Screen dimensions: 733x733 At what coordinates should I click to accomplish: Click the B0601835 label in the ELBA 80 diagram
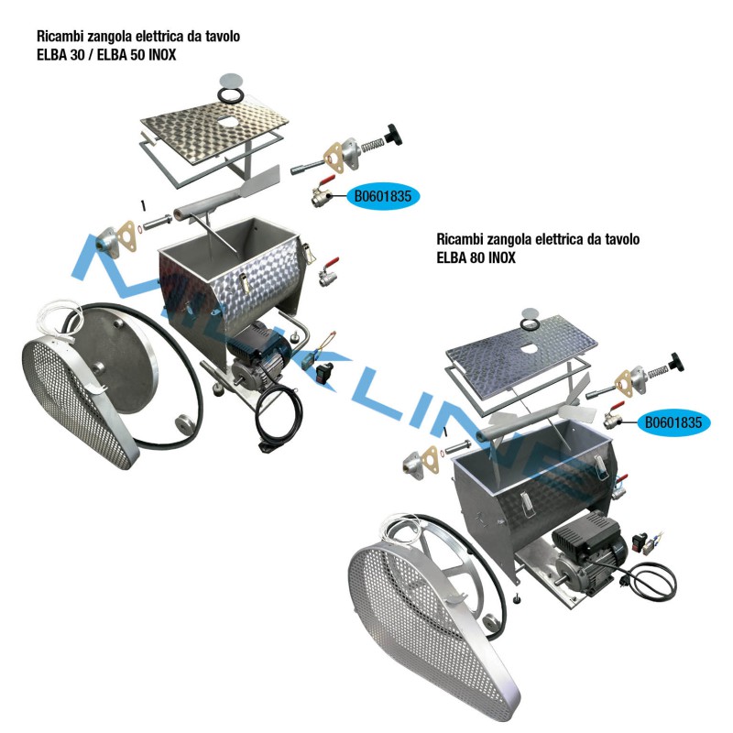coord(673,422)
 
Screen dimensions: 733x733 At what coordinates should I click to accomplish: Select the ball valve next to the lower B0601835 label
coord(612,421)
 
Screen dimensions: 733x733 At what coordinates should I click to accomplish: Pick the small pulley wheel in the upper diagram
coord(187,424)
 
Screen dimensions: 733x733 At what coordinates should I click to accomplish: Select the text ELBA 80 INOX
coord(476,258)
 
